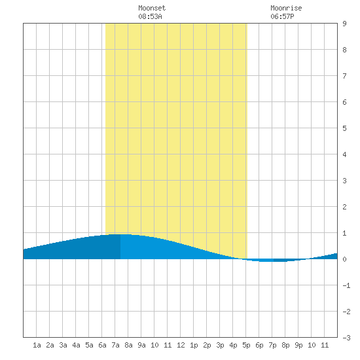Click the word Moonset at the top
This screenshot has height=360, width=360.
click(152, 8)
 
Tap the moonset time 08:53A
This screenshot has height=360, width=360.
click(150, 16)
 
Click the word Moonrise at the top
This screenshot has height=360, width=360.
click(286, 8)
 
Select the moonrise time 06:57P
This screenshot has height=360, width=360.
click(282, 16)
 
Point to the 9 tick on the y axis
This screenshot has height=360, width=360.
click(344, 24)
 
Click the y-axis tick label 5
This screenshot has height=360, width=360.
click(344, 128)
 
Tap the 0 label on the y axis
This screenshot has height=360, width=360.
click(344, 259)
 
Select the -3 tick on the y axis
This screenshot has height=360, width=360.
click(346, 338)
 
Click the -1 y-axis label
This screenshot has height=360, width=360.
click(346, 285)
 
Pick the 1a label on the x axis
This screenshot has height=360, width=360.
click(37, 345)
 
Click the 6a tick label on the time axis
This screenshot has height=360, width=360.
click(102, 345)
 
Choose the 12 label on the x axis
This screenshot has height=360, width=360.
click(181, 345)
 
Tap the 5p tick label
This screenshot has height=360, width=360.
click(246, 345)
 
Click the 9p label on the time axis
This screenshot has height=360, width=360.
click(298, 345)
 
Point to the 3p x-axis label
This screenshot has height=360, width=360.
click(220, 345)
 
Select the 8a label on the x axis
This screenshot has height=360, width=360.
click(128, 345)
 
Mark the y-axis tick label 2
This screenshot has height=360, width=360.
click(344, 207)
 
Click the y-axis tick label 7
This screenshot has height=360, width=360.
click(344, 76)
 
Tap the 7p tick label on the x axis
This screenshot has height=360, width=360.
click(272, 345)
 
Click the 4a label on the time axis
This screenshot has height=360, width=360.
click(76, 345)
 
